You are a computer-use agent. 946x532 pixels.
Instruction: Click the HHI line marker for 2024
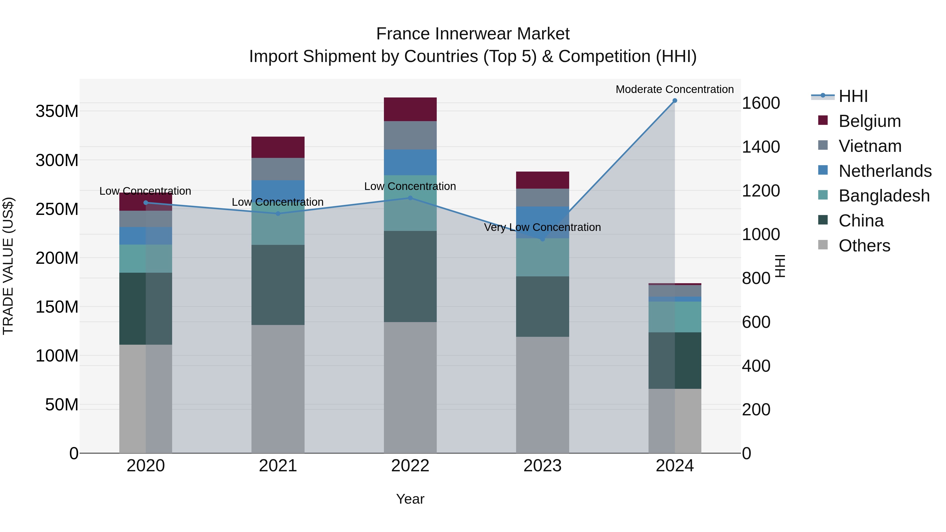675,101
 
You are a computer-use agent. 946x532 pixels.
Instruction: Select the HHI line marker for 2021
278,213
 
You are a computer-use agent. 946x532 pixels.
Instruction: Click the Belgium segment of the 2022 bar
410,109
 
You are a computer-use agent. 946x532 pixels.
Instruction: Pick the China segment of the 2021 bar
278,285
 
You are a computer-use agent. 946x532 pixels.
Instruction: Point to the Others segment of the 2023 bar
542,395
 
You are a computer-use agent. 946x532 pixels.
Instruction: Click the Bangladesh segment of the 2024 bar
675,317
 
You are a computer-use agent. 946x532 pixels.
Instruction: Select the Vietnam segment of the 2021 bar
278,169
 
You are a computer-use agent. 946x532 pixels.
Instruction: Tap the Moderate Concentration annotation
675,89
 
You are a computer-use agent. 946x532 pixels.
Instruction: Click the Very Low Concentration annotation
542,227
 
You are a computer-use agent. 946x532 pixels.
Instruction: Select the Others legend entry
864,246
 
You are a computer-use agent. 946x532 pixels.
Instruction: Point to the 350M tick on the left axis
57,111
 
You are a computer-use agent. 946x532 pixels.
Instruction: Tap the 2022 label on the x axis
410,466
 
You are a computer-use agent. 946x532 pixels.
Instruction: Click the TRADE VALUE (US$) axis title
8,266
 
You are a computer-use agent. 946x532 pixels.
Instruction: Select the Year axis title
410,499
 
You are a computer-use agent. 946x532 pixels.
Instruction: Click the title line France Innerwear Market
473,34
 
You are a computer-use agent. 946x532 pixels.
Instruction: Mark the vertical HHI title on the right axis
780,266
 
